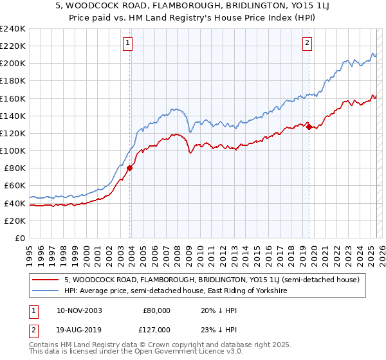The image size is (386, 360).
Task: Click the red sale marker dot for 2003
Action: [x=129, y=168]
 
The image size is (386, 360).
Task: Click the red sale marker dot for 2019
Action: [x=309, y=127]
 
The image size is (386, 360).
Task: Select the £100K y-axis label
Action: [x=13, y=150]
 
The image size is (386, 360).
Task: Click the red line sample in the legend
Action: [x=46, y=280]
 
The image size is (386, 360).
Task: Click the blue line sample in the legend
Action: [x=46, y=291]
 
